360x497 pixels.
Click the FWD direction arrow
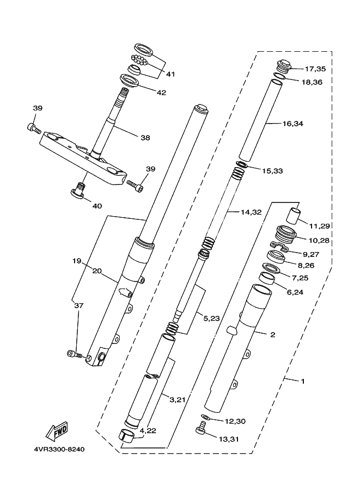coord(57,431)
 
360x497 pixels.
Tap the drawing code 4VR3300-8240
coord(59,450)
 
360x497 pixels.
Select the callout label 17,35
coord(315,69)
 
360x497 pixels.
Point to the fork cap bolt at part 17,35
coord(284,66)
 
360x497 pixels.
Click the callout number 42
coord(161,93)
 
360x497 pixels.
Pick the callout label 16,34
coord(293,124)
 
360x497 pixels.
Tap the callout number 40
coord(97,206)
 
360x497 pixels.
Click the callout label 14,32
coord(251,212)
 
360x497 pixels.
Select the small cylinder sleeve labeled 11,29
coord(294,215)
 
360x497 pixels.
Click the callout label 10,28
coord(319,240)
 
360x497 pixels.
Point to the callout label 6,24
coord(295,292)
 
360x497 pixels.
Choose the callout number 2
coord(273,334)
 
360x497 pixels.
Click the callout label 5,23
coord(211,318)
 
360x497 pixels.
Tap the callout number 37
coord(78,305)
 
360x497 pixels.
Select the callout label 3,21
coord(178,400)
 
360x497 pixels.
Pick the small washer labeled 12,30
coord(205,416)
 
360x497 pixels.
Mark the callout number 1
coord(303,381)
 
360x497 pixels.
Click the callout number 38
coord(145,138)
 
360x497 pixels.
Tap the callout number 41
coord(170,74)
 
